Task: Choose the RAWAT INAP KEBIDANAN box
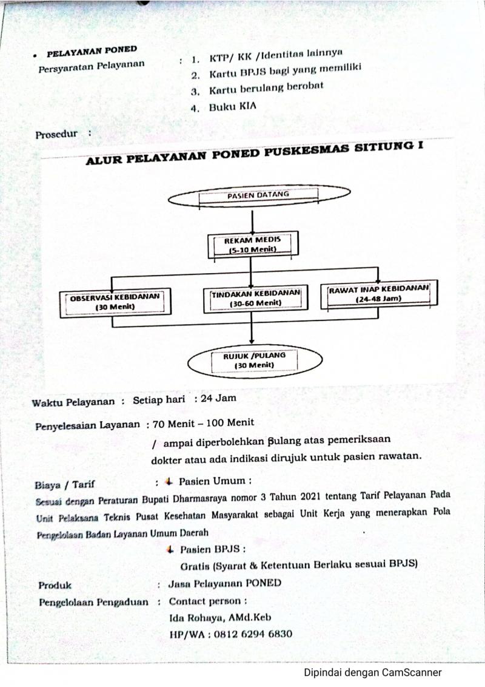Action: coord(379,294)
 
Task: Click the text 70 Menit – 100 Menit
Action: coord(203,422)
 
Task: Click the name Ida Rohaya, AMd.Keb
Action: coord(220,617)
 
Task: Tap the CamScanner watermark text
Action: coord(372,672)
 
